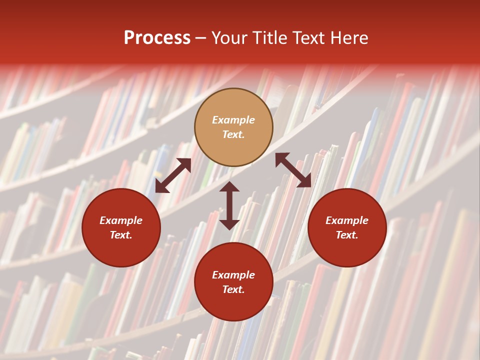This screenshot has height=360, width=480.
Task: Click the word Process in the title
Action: [x=157, y=38]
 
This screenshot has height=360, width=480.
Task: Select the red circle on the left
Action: [x=121, y=227]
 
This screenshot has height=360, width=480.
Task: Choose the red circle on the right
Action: [x=347, y=227]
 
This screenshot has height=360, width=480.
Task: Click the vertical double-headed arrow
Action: [x=229, y=205]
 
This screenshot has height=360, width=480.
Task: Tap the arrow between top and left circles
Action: [x=173, y=175]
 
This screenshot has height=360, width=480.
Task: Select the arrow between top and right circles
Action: [x=293, y=170]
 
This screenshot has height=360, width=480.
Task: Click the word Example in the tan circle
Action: [x=233, y=120]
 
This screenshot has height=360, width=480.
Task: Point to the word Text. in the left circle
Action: [x=121, y=235]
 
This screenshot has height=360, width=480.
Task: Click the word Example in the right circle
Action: [x=347, y=220]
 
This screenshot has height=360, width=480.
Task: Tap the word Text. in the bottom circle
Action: [x=233, y=289]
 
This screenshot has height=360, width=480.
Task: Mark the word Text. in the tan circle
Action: [x=233, y=134]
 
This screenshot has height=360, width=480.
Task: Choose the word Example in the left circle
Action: [x=121, y=220]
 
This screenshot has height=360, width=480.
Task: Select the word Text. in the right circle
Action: [x=347, y=235]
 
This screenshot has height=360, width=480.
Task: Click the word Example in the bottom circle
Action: [x=233, y=275]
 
